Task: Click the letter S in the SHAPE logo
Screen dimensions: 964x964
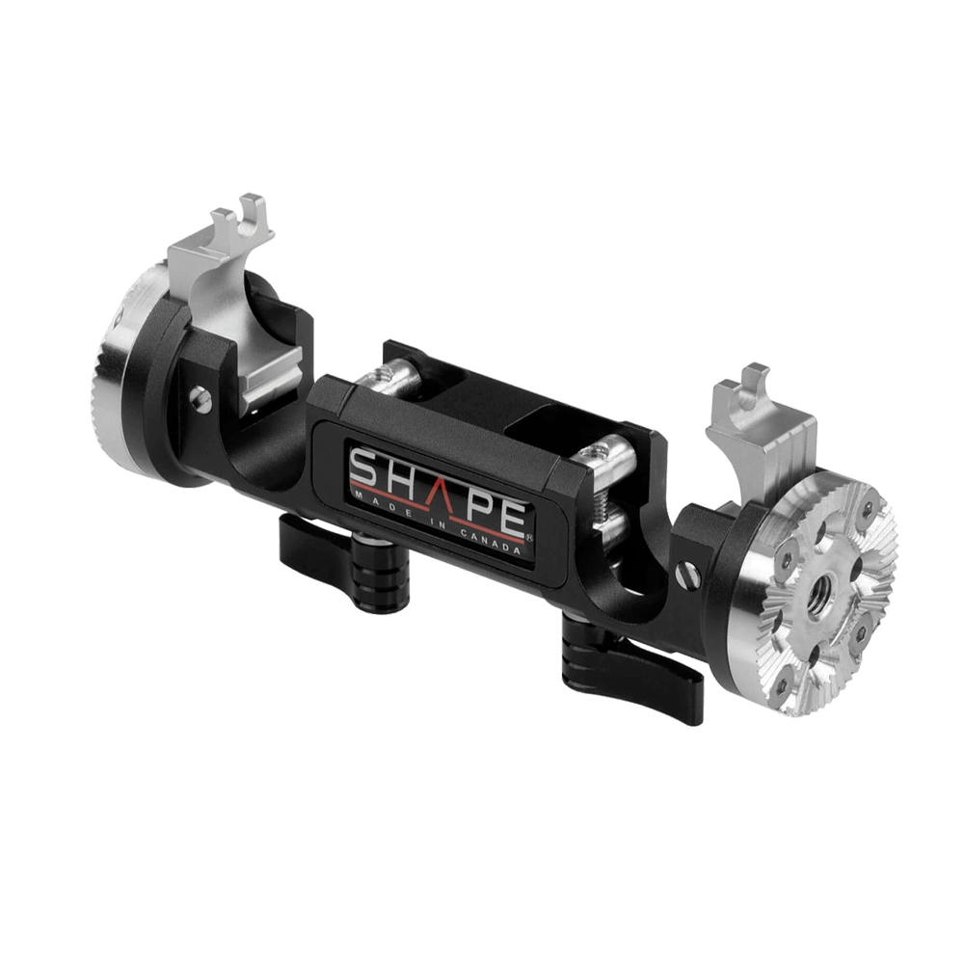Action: coord(365,471)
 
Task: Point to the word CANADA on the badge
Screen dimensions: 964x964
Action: coord(495,542)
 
